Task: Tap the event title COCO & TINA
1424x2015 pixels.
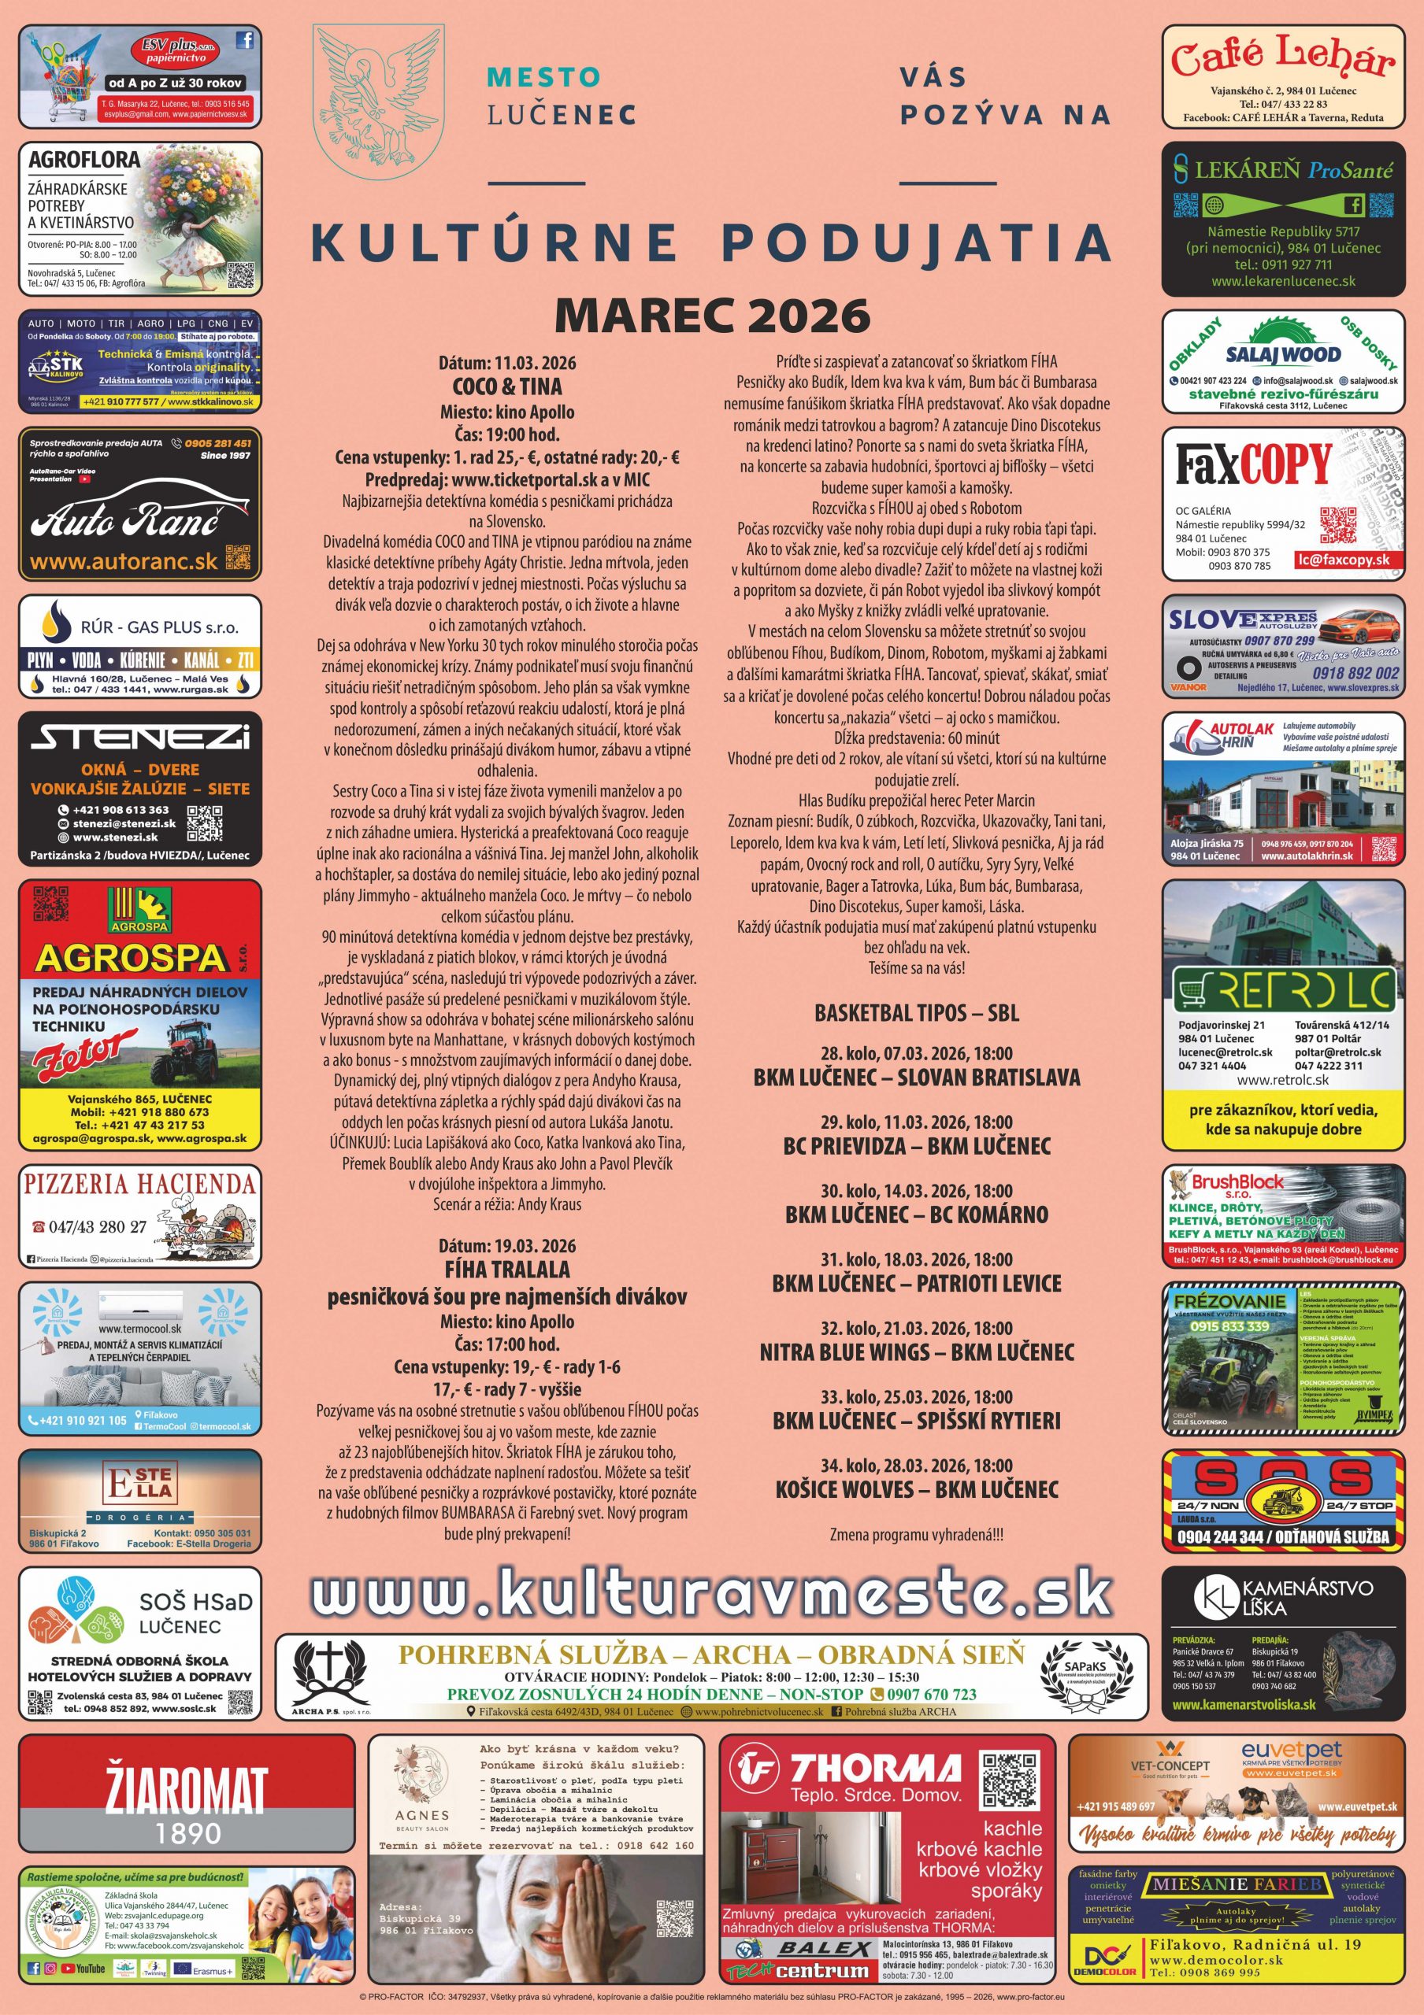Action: point(506,387)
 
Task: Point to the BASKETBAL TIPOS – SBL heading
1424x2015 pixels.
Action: point(916,1013)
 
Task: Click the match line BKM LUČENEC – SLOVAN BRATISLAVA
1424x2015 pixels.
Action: point(916,1078)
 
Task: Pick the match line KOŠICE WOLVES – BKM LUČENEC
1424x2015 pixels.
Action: point(916,1489)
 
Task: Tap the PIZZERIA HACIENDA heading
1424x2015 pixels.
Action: point(139,1184)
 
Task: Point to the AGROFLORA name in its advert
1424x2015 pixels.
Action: point(84,160)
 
